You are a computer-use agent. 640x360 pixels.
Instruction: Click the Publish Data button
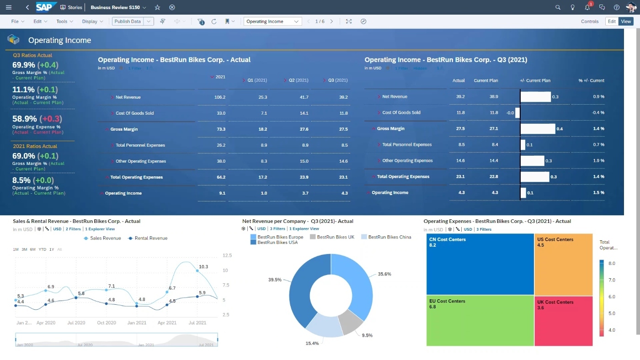click(x=128, y=21)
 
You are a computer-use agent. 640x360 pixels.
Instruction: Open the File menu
click(x=17, y=21)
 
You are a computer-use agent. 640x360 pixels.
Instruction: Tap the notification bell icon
click(x=587, y=7)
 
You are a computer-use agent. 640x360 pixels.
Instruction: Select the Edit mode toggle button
click(x=612, y=21)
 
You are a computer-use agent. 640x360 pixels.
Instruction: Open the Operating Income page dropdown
click(x=273, y=21)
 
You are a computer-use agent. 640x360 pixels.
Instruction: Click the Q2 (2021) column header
click(x=298, y=80)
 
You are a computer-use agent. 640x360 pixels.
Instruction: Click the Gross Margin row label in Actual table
click(x=124, y=129)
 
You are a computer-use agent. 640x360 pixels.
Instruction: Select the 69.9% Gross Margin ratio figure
click(x=24, y=65)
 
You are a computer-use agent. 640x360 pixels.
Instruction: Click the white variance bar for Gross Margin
click(x=538, y=129)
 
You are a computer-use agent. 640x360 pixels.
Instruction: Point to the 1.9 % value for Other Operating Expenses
click(x=598, y=161)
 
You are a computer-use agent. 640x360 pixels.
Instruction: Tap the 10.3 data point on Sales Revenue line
click(x=197, y=270)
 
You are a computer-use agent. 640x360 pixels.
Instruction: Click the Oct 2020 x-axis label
click(x=107, y=323)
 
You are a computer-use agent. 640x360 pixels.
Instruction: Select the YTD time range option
click(x=42, y=249)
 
